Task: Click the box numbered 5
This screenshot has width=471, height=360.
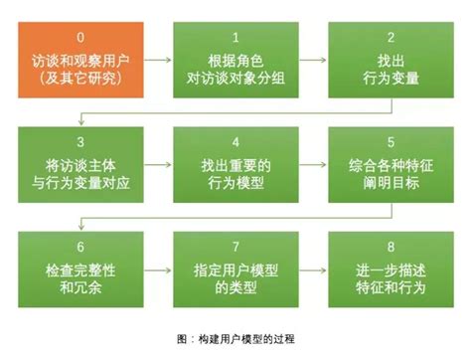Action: coord(390,159)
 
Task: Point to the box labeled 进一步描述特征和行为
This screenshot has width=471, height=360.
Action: coord(390,267)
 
